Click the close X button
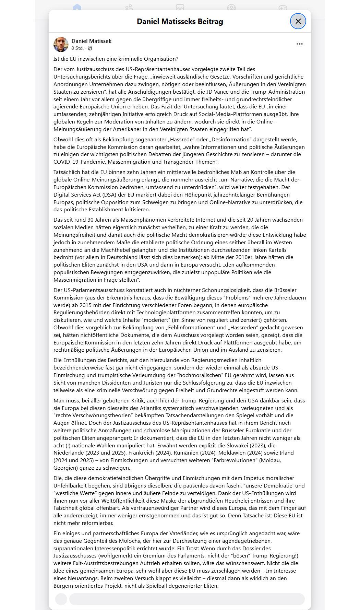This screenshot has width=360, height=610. click(298, 21)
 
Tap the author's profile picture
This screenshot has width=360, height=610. click(61, 44)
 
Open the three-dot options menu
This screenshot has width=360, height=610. click(299, 44)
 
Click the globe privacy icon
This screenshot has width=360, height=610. click(90, 48)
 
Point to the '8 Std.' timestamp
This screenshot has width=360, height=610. click(77, 48)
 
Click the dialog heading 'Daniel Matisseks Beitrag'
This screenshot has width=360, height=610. click(180, 22)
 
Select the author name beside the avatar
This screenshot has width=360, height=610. click(91, 41)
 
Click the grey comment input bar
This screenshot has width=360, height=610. click(187, 599)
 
